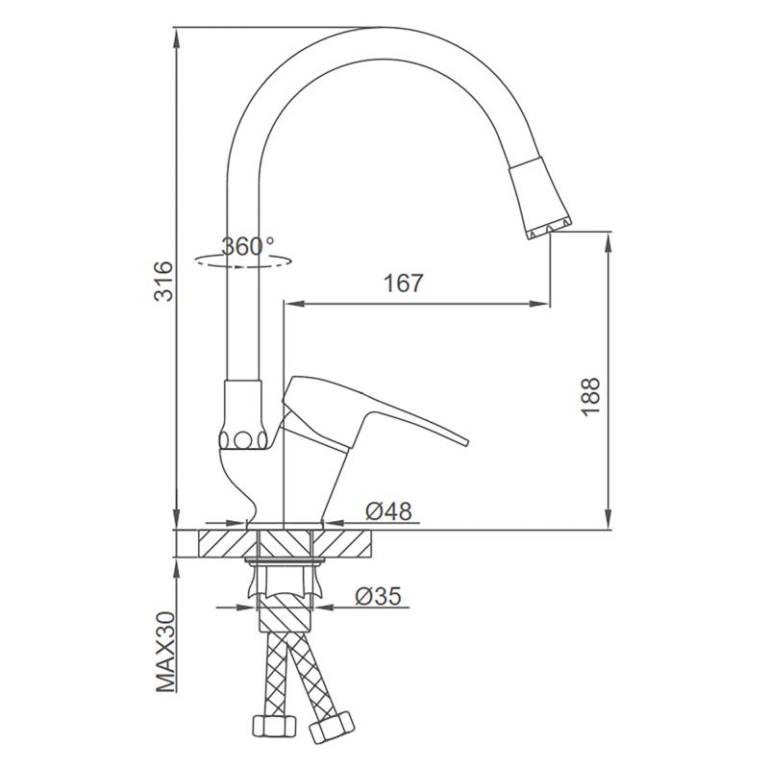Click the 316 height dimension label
[x=163, y=281]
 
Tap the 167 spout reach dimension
[x=403, y=284]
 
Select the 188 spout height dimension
[x=590, y=397]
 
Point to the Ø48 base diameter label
[x=388, y=511]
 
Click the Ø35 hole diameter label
[x=378, y=596]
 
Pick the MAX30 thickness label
[x=165, y=652]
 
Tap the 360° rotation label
[x=248, y=246]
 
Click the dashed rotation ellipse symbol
[x=243, y=260]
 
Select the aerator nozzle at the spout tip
[x=540, y=198]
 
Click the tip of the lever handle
[x=467, y=443]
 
